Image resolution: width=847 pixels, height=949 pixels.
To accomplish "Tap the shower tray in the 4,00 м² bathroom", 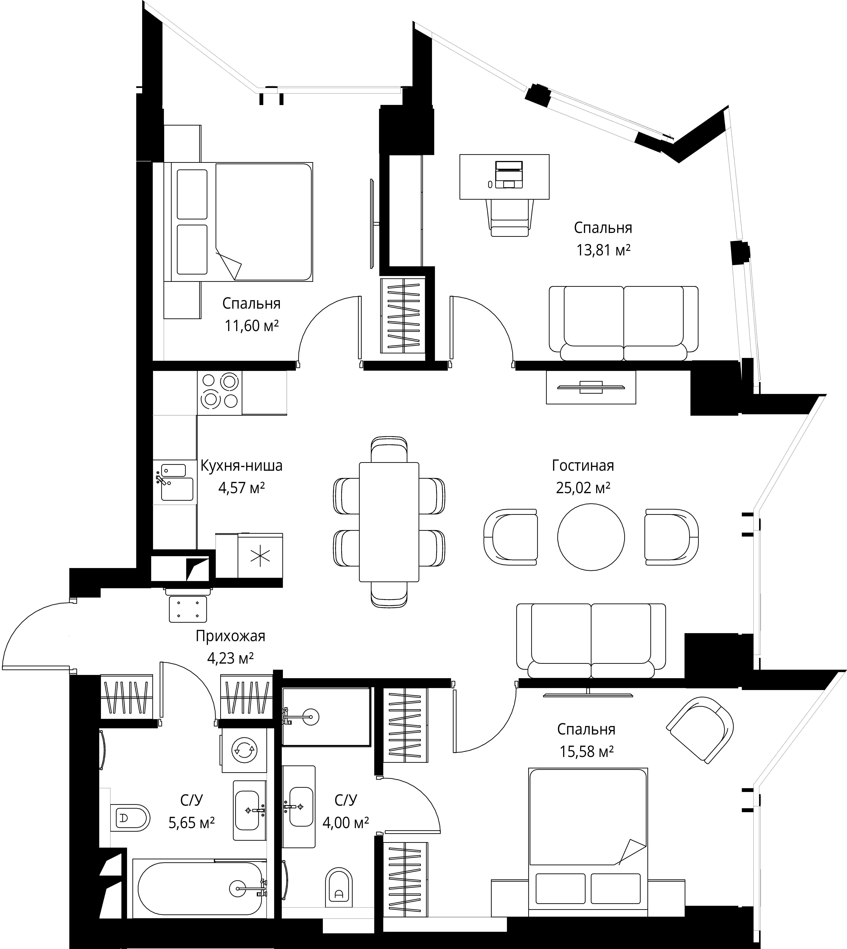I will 326,717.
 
